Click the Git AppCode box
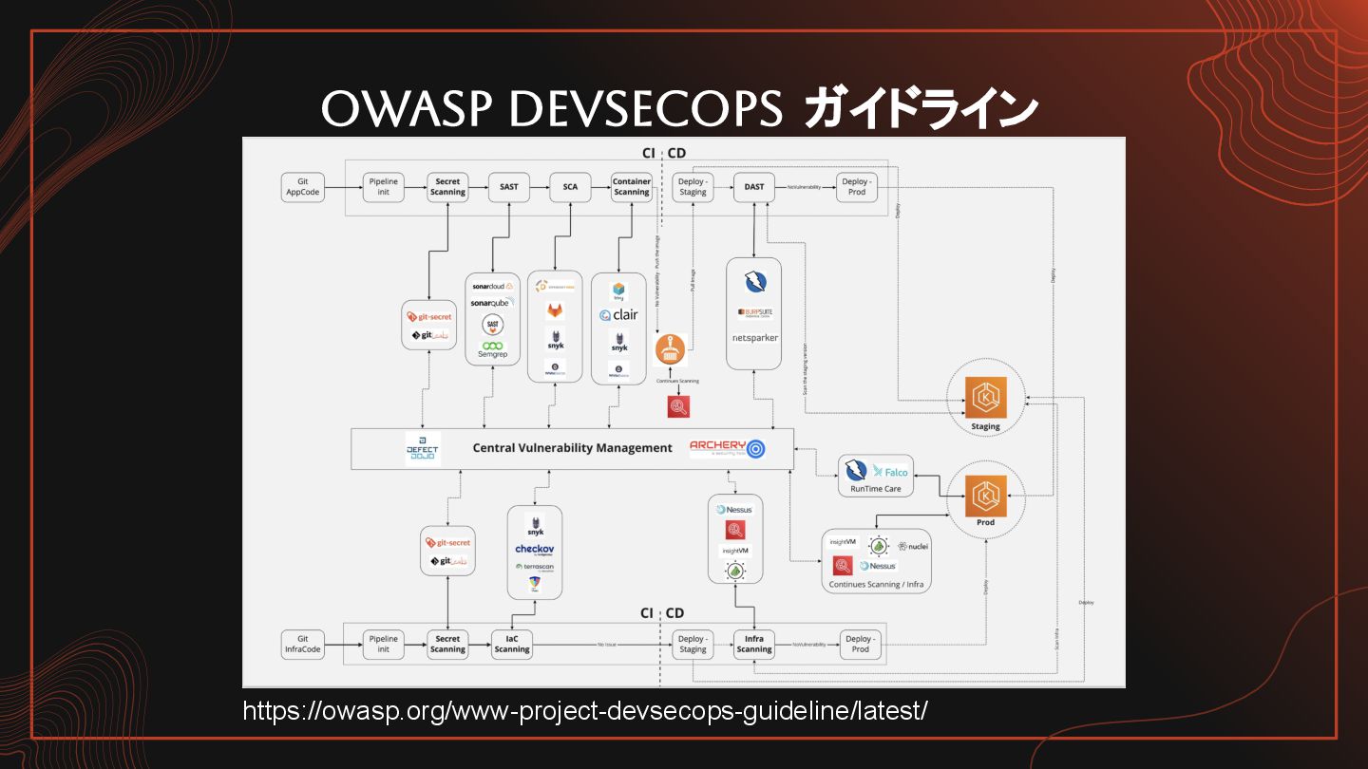(303, 187)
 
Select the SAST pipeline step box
(509, 187)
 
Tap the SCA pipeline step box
(570, 187)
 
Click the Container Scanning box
(632, 187)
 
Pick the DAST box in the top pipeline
(754, 187)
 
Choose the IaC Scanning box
(512, 645)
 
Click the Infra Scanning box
(754, 645)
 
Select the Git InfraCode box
(303, 645)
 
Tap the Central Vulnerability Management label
(572, 448)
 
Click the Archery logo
(727, 448)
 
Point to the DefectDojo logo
(423, 449)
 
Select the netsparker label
(754, 337)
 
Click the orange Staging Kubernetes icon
(985, 398)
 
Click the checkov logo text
(534, 549)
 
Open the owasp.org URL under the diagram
(585, 710)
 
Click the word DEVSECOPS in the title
(646, 109)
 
